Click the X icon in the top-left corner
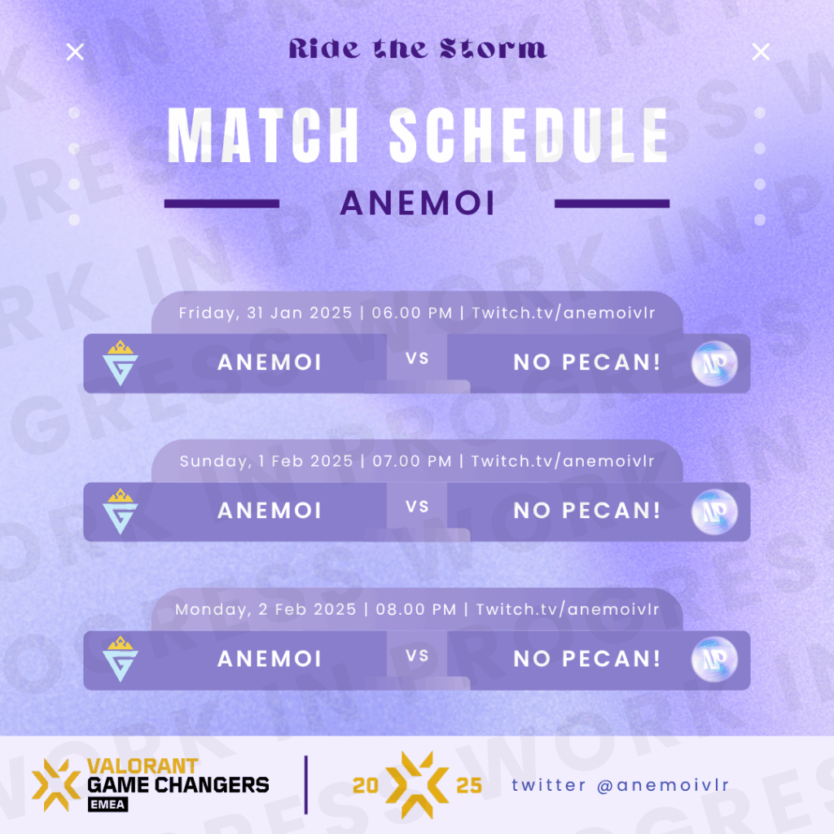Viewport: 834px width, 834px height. point(75,52)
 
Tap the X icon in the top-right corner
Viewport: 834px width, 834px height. point(761,52)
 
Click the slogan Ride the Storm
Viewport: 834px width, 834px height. point(418,48)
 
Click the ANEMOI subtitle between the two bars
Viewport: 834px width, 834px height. point(418,203)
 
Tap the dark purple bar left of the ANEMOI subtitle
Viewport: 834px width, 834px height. point(222,203)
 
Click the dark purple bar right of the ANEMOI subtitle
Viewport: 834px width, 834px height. point(612,203)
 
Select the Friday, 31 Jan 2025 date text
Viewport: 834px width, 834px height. point(266,313)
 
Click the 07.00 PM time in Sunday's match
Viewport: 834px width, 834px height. point(412,461)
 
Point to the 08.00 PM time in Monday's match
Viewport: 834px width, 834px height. point(416,609)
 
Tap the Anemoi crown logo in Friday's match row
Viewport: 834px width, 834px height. point(121,362)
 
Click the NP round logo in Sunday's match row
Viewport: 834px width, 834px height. point(714,511)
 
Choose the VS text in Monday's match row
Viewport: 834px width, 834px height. point(417,656)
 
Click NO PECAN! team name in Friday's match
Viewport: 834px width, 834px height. point(587,362)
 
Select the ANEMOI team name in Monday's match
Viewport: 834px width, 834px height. point(270,658)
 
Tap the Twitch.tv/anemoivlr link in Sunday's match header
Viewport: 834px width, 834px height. point(563,461)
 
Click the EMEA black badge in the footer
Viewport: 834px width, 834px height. point(108,804)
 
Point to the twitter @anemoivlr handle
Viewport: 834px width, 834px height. point(620,785)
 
